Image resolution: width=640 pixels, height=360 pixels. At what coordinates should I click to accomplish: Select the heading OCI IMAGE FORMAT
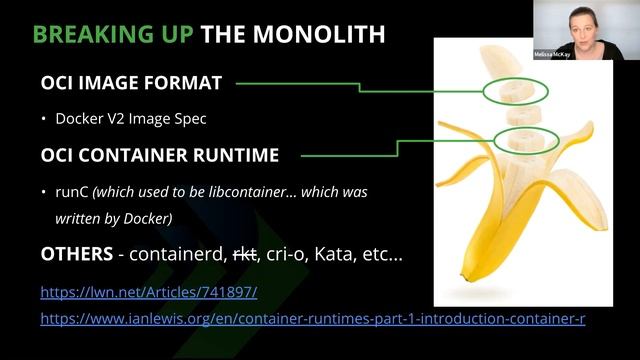pos(131,84)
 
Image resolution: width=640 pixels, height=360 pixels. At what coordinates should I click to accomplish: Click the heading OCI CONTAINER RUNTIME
pos(159,155)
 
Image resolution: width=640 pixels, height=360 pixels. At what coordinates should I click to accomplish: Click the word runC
pos(73,190)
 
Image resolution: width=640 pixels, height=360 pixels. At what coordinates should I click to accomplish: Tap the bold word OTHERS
pos(75,254)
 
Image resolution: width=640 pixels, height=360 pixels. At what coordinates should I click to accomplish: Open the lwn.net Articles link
pos(149,293)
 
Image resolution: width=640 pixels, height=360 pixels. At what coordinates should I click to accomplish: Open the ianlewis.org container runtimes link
pos(312,319)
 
